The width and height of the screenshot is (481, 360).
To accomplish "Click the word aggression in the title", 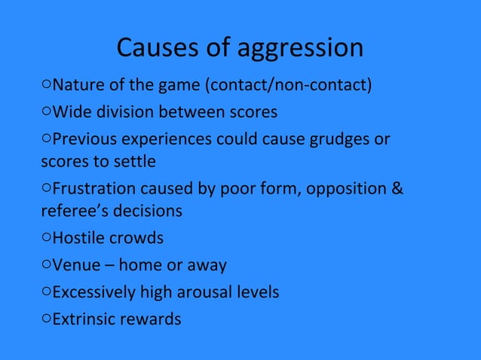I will pyautogui.click(x=301, y=49).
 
